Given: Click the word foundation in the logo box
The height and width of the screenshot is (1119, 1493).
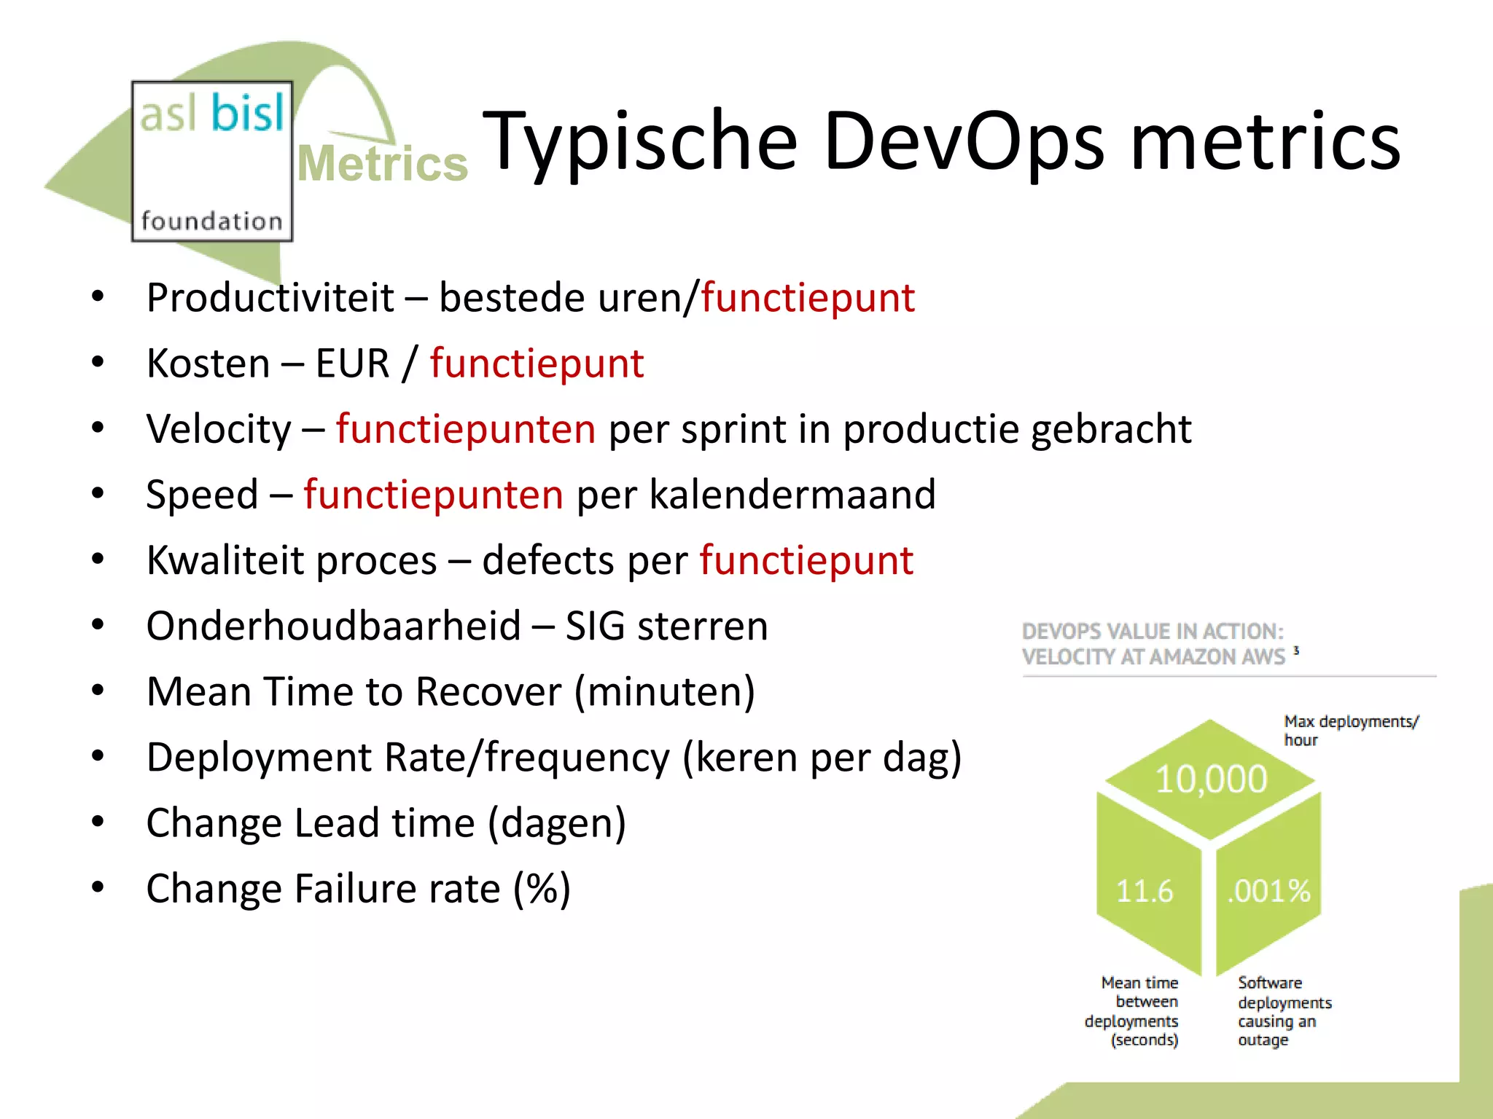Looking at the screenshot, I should pyautogui.click(x=211, y=221).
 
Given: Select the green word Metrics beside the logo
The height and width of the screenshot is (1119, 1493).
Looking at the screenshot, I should pyautogui.click(x=383, y=163).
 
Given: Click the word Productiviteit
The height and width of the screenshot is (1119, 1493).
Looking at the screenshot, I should pyautogui.click(x=270, y=298).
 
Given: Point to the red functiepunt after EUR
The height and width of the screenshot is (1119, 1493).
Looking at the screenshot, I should pyautogui.click(x=537, y=364).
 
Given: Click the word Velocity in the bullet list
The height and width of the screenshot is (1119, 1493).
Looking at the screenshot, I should pyautogui.click(x=219, y=429).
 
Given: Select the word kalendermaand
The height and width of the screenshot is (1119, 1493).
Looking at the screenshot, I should pyautogui.click(x=792, y=495).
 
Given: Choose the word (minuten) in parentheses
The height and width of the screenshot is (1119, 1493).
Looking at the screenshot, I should pyautogui.click(x=664, y=692).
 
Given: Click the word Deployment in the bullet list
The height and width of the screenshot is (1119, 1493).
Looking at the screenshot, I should pyautogui.click(x=260, y=758).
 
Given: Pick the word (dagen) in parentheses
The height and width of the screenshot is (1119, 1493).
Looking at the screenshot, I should pyautogui.click(x=557, y=823).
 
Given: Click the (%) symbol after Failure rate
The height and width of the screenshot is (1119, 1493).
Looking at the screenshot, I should pyautogui.click(x=542, y=889).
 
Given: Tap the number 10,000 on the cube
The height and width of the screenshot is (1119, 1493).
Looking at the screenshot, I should pyautogui.click(x=1211, y=780).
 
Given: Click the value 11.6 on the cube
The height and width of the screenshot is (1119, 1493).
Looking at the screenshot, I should pyautogui.click(x=1145, y=891).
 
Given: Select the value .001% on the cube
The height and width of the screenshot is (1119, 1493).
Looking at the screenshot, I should pyautogui.click(x=1268, y=891).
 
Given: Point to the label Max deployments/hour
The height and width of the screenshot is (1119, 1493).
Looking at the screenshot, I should pyautogui.click(x=1350, y=730).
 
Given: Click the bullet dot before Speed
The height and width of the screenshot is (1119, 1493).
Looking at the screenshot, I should pyautogui.click(x=98, y=493).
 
